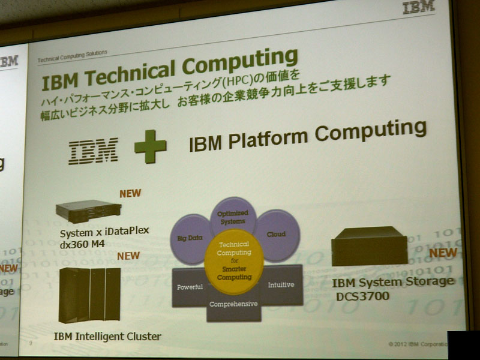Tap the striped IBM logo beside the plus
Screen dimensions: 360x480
[93, 151]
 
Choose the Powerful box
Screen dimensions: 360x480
[189, 287]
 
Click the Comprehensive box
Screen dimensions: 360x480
[233, 304]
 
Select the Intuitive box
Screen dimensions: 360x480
[280, 284]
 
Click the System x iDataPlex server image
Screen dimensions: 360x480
[88, 211]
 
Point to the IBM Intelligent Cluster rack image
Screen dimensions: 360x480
[89, 295]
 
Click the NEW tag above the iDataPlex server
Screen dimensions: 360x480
[130, 194]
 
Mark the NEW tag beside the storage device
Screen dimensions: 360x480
[443, 253]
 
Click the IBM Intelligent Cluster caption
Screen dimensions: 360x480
[107, 337]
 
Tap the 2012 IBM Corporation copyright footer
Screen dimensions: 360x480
[418, 344]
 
